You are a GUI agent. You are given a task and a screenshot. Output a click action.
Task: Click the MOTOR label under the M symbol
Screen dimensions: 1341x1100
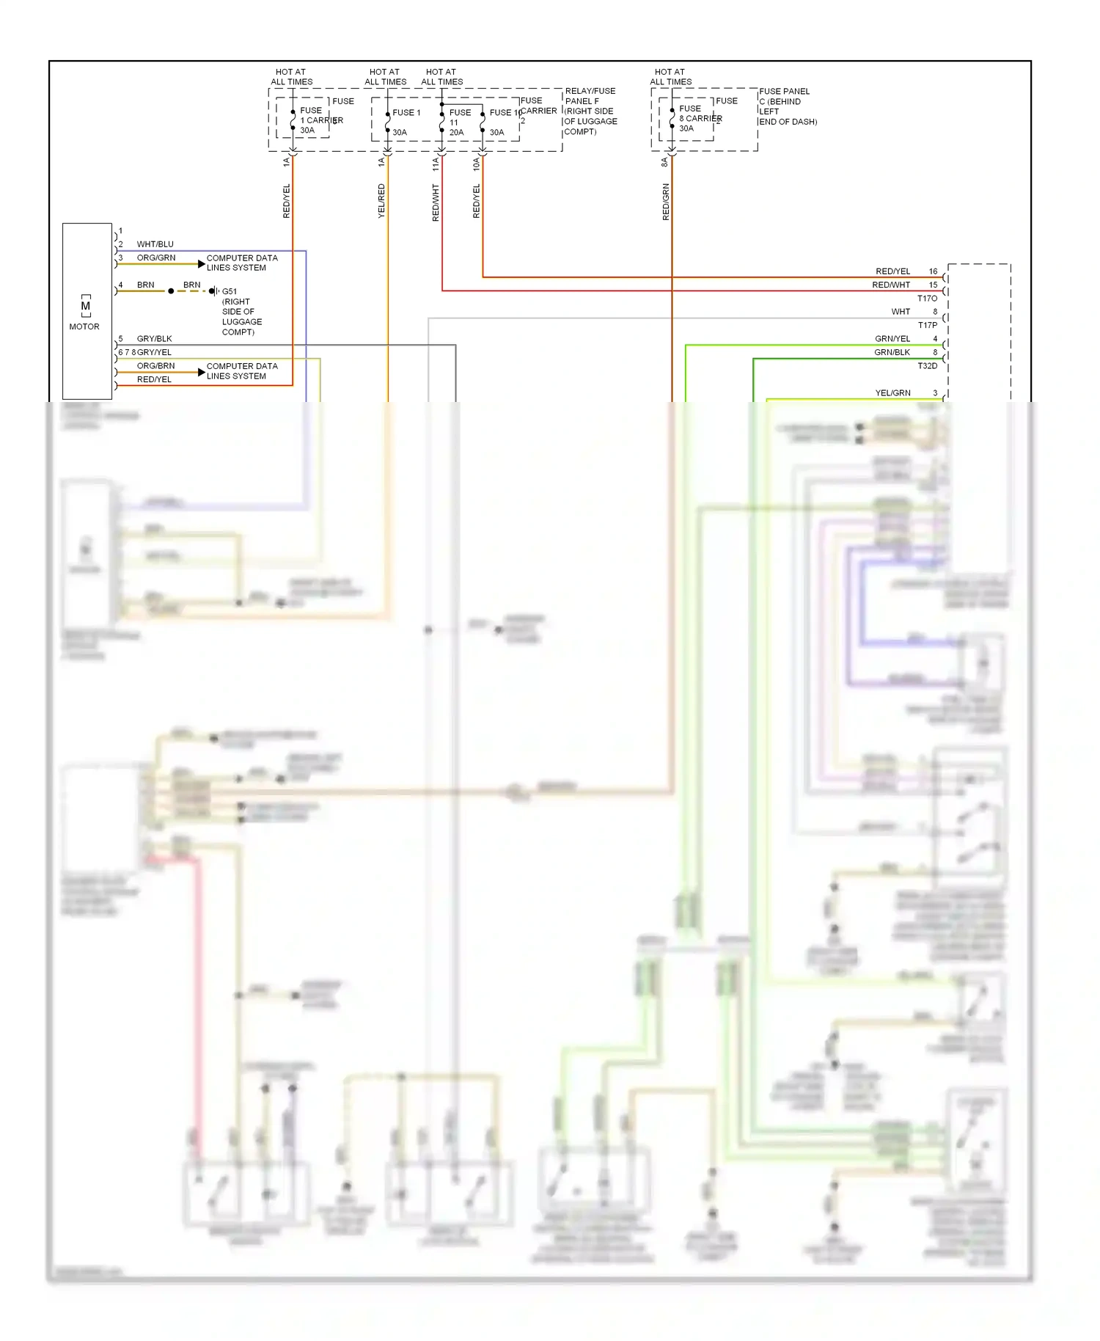coord(84,326)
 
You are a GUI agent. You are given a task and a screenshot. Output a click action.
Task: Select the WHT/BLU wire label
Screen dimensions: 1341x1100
coord(155,244)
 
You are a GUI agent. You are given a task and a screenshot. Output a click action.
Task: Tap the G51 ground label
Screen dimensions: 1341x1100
coord(230,291)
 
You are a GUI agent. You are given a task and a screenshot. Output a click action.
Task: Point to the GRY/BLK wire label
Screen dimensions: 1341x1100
coord(154,339)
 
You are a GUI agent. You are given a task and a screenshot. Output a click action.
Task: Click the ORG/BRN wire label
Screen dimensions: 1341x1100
coord(155,366)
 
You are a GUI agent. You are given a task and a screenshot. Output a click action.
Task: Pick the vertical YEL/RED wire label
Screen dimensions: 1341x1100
coord(381,200)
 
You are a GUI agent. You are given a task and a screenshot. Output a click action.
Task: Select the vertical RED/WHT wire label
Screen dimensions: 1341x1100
coord(436,202)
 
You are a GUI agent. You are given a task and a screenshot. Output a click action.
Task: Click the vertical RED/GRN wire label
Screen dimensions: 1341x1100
coord(666,202)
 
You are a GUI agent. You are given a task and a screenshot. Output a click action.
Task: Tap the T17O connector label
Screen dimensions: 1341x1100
coord(927,299)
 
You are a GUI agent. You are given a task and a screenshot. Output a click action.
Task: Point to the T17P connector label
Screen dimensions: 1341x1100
coord(927,325)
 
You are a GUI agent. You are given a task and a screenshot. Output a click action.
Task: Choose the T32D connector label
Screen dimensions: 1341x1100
coord(927,366)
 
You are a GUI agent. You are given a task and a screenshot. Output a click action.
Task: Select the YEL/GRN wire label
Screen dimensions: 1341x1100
coord(892,393)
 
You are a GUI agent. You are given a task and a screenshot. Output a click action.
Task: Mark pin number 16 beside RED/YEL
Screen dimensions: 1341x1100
coord(933,271)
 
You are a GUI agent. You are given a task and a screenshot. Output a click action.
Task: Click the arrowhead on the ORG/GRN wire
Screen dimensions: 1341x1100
coord(202,264)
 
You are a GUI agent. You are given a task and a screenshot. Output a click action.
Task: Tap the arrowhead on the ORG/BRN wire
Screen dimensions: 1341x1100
coord(202,373)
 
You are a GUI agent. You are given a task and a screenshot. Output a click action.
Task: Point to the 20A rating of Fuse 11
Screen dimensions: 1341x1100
coord(456,133)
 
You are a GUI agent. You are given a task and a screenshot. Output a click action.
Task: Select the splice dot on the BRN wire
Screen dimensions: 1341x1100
coord(171,291)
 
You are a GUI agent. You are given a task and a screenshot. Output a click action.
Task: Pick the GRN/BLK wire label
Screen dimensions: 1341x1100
coord(892,353)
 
